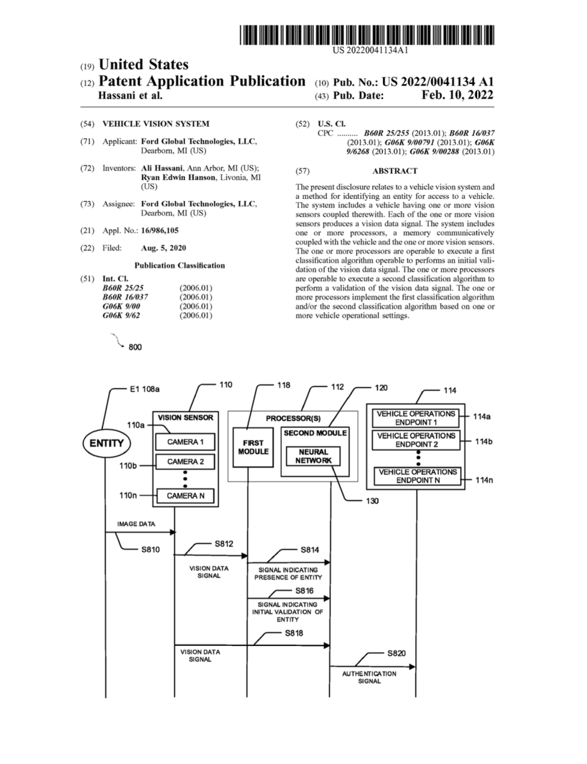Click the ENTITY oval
click(x=107, y=443)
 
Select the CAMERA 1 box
click(x=185, y=442)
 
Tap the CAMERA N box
click(x=185, y=496)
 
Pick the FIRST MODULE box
click(x=253, y=447)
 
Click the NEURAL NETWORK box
click(x=313, y=456)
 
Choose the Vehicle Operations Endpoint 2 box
click(x=417, y=440)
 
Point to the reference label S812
click(x=224, y=544)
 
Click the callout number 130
click(x=372, y=501)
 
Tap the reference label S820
click(x=396, y=653)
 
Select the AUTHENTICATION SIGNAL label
click(x=369, y=677)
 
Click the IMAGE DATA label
click(x=136, y=524)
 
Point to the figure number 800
click(x=135, y=347)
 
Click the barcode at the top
click(x=367, y=35)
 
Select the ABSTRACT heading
click(x=395, y=171)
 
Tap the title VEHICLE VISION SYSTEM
click(x=156, y=124)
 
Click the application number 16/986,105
click(x=160, y=231)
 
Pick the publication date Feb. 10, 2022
click(x=458, y=95)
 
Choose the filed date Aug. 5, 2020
click(x=164, y=248)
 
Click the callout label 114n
click(x=484, y=480)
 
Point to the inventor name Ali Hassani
click(x=162, y=168)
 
